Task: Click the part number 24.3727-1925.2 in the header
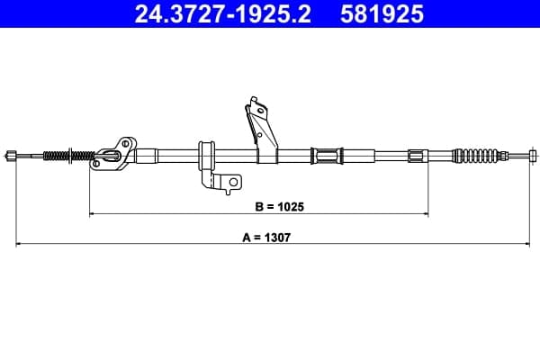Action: (x=222, y=13)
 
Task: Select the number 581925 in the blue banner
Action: (x=382, y=13)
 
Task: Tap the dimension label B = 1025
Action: (x=279, y=207)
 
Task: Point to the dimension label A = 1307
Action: (x=266, y=238)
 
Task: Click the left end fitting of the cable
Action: (x=11, y=156)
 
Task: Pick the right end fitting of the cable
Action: (x=533, y=156)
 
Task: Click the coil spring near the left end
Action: (x=69, y=156)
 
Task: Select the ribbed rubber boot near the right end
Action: (x=476, y=156)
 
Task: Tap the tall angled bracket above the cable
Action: (x=261, y=130)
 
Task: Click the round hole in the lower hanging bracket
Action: (x=233, y=182)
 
